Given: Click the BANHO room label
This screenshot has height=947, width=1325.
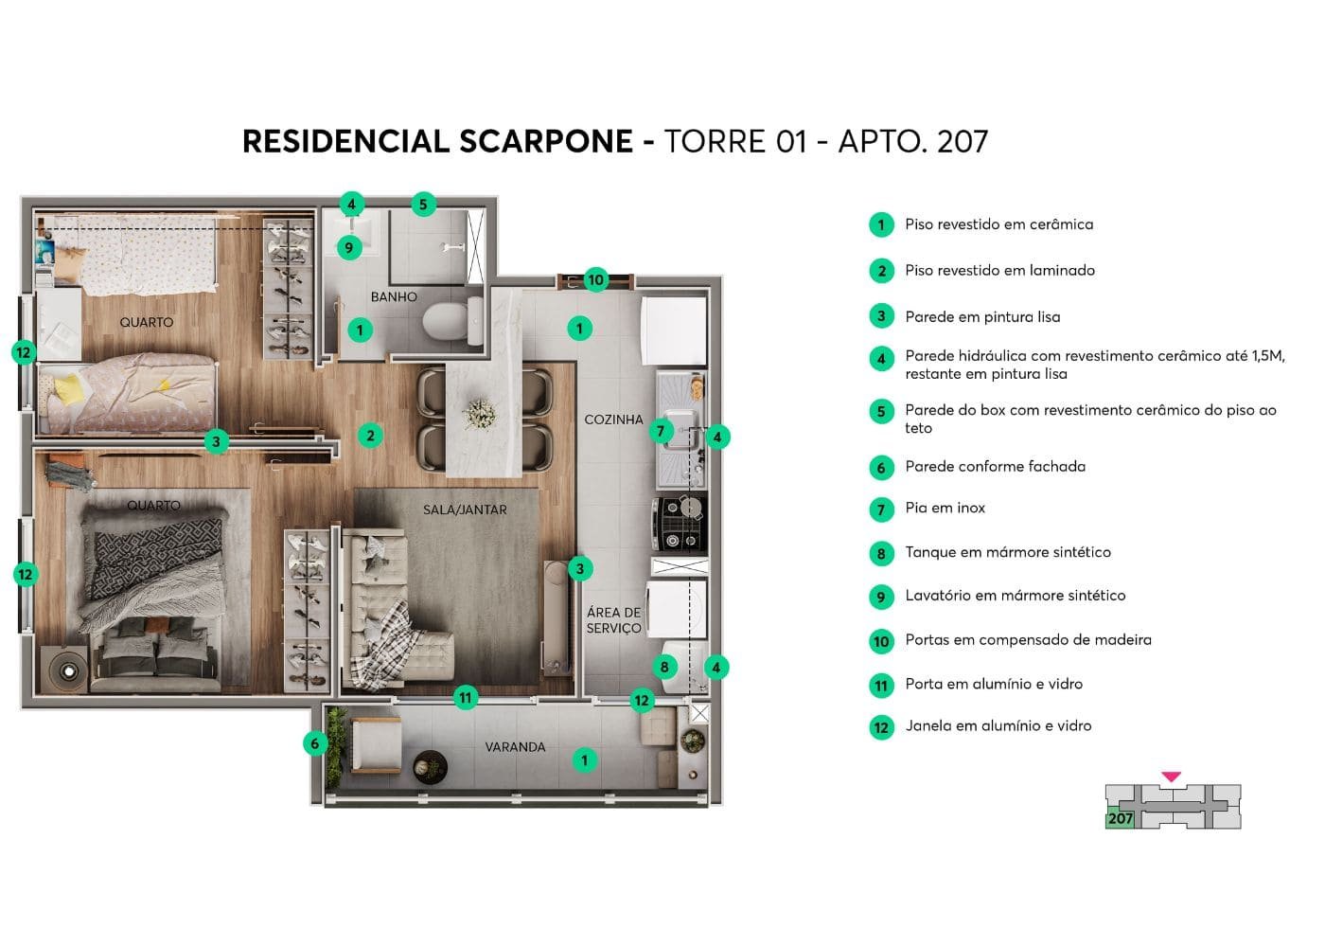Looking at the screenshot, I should tap(394, 296).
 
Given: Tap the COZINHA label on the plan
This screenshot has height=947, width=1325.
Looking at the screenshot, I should tap(613, 420).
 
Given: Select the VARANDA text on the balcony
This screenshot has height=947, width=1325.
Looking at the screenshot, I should tap(515, 747).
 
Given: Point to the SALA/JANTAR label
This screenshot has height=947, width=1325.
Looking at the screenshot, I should tap(465, 509).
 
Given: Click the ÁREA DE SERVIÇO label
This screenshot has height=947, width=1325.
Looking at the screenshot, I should tap(613, 620).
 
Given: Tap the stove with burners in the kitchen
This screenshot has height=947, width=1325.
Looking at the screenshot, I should tap(680, 524).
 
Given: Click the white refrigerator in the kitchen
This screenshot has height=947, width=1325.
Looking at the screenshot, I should tap(674, 329).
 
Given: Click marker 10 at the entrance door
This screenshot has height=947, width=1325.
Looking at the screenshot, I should tap(595, 279).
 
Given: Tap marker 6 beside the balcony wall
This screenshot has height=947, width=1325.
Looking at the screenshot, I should tap(315, 743).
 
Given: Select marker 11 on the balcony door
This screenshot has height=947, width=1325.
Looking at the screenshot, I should tap(465, 698).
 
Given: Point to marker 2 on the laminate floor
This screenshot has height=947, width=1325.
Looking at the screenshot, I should tap(370, 436).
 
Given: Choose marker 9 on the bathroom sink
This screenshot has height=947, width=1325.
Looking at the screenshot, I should tap(349, 247).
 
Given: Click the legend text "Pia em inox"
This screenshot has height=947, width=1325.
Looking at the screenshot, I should tap(945, 509).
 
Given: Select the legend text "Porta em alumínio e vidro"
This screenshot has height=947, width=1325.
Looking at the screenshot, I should tap(993, 684).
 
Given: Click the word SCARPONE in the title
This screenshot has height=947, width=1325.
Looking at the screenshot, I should tap(546, 141).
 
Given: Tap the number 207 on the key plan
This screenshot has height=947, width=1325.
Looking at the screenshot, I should tap(1121, 818).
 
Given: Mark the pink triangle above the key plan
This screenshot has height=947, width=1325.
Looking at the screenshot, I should tap(1171, 777).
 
